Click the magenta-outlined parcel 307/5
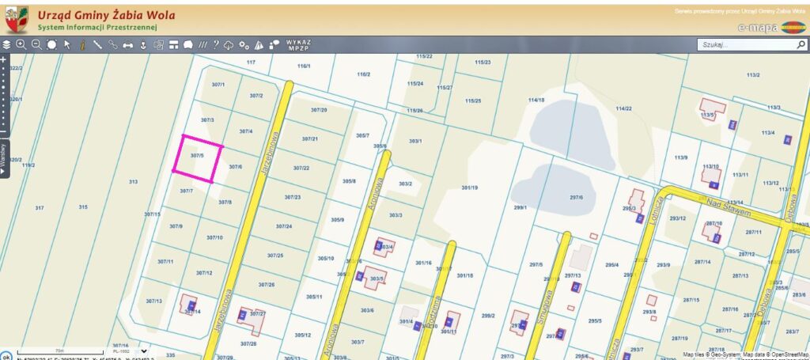click(x=197, y=159)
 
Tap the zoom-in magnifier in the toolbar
click(x=21, y=44)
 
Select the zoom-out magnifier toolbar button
click(x=36, y=44)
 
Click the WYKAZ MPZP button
click(x=298, y=44)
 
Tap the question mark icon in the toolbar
click(x=215, y=44)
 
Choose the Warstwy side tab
click(x=4, y=153)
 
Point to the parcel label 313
click(x=133, y=181)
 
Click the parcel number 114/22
click(x=623, y=108)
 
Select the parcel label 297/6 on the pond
click(x=576, y=197)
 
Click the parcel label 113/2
click(x=752, y=75)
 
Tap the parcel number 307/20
click(x=319, y=110)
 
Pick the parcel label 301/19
click(x=469, y=188)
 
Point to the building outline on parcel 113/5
click(x=713, y=108)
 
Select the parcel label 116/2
click(x=363, y=74)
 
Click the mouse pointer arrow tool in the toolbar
click(x=67, y=44)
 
